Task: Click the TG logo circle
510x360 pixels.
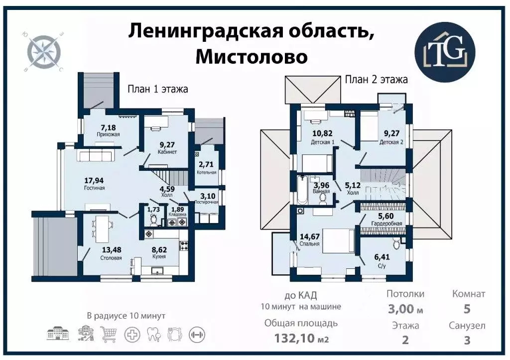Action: point(446,48)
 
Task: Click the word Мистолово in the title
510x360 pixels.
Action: point(251,56)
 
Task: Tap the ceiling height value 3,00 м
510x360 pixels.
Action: point(405,309)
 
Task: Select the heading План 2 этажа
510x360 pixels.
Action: point(377,79)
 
